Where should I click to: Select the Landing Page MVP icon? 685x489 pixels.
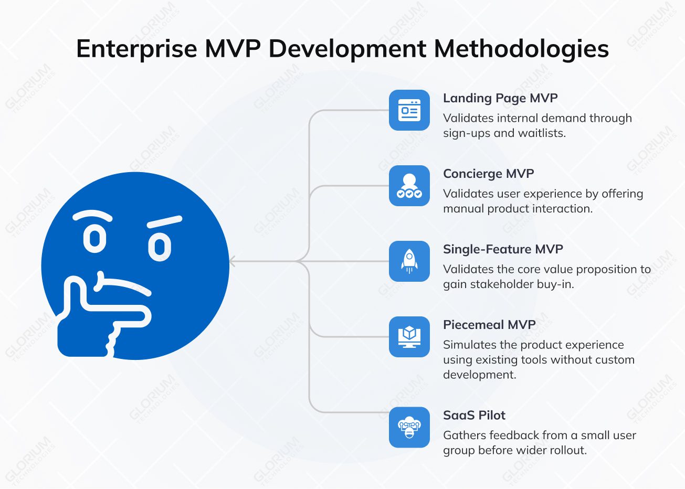click(x=409, y=110)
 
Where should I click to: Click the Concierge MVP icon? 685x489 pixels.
click(x=409, y=186)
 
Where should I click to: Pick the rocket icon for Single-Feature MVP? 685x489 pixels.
click(x=409, y=261)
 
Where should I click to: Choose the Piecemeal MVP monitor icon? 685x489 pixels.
click(x=409, y=337)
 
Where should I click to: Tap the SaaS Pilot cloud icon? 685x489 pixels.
click(x=409, y=427)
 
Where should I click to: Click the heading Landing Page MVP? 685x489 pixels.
click(x=500, y=98)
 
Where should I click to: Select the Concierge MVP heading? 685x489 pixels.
click(x=488, y=174)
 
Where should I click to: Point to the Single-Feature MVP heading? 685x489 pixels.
click(x=502, y=249)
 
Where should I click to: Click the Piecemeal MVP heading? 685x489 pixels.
click(x=489, y=325)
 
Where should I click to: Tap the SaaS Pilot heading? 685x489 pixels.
click(x=473, y=415)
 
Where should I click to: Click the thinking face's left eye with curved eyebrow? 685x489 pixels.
click(x=94, y=239)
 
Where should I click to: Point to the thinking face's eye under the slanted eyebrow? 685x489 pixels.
click(x=160, y=247)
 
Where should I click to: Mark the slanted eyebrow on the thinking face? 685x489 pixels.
click(x=164, y=222)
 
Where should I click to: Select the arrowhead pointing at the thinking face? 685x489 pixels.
click(x=233, y=261)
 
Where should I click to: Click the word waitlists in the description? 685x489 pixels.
click(x=541, y=133)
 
